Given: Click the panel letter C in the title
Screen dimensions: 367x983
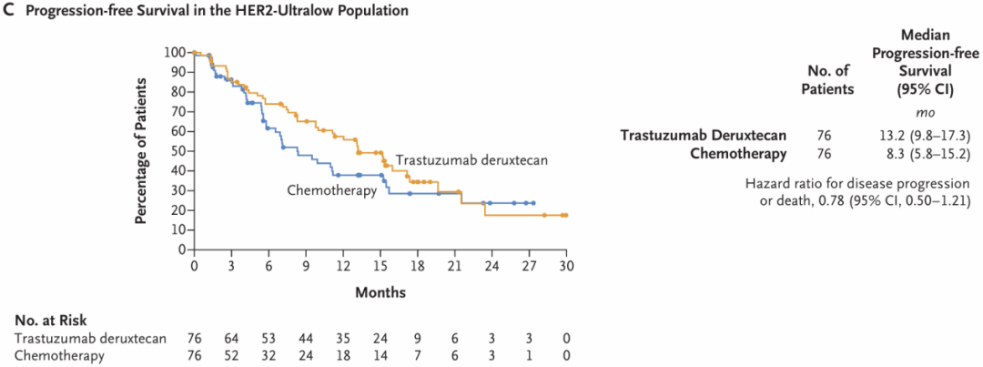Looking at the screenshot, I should [8, 11].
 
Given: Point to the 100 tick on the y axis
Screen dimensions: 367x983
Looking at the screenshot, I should [174, 52].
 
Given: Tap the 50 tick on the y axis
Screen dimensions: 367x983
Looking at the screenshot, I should [177, 150].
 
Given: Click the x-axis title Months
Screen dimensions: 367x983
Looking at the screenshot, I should [380, 292].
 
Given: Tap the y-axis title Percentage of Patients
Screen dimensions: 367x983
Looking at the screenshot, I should [142, 150].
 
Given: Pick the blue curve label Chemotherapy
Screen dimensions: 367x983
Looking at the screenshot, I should [333, 189].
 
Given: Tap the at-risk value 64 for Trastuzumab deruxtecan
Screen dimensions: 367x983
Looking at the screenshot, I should [231, 339].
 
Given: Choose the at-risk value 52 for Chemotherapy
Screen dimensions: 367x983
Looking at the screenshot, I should [231, 355].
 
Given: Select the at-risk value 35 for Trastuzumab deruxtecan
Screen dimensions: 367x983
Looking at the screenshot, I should [343, 339].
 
